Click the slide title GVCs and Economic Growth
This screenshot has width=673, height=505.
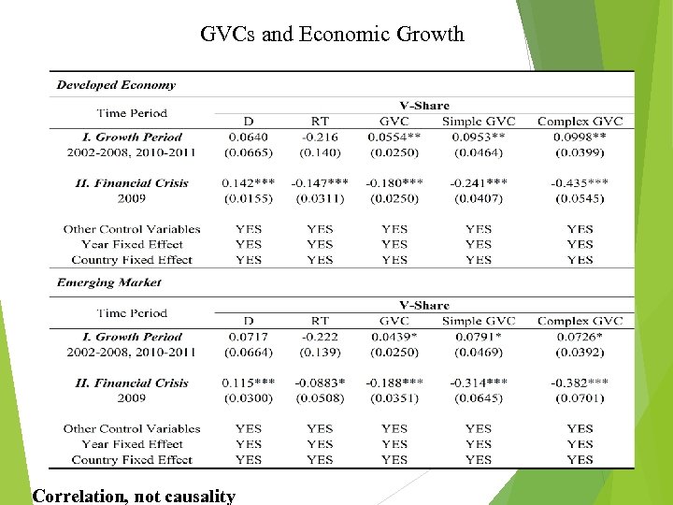coord(332,35)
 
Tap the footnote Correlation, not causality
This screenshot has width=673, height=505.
coord(134,496)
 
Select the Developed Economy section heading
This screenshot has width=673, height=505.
coord(116,84)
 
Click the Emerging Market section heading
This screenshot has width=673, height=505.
coord(108,281)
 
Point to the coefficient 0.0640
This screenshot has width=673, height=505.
coord(248,137)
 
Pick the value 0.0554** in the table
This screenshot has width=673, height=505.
coord(394,137)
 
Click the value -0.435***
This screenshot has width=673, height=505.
coord(580,183)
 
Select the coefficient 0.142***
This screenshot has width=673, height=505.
coord(248,183)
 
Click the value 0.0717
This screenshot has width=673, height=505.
coord(248,337)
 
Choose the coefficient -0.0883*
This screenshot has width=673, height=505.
coord(319,382)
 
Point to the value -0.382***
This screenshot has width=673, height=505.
coord(580,382)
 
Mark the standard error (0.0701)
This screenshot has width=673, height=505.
coord(580,398)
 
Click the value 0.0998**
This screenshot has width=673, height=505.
coord(580,137)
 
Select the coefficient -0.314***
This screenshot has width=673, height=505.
coord(478,382)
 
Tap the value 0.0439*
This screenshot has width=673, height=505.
coord(394,337)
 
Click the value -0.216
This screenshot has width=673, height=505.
coord(319,137)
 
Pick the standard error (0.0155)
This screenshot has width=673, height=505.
coord(248,198)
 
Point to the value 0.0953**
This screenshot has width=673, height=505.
coord(478,137)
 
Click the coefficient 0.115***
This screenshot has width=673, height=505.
coord(248,382)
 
